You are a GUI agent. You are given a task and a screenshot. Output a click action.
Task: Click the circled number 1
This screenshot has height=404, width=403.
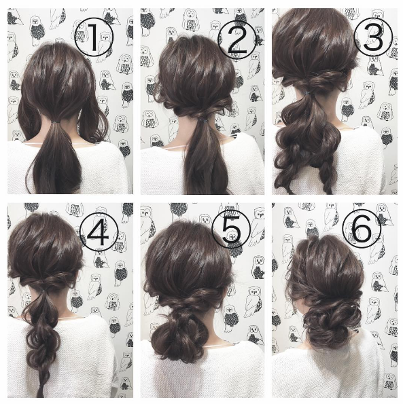(x=94, y=37)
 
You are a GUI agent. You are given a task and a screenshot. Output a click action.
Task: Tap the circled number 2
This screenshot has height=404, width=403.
(x=237, y=40)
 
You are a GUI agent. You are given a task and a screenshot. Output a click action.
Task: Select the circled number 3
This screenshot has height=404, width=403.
(x=373, y=37)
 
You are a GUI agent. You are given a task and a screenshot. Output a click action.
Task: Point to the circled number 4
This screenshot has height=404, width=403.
(x=99, y=232)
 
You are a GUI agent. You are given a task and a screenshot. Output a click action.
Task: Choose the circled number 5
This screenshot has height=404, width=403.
(x=231, y=229)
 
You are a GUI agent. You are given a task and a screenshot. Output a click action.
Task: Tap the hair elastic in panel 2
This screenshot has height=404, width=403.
(x=204, y=120)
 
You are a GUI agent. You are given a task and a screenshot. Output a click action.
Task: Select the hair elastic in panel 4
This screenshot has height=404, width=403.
(x=43, y=291)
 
